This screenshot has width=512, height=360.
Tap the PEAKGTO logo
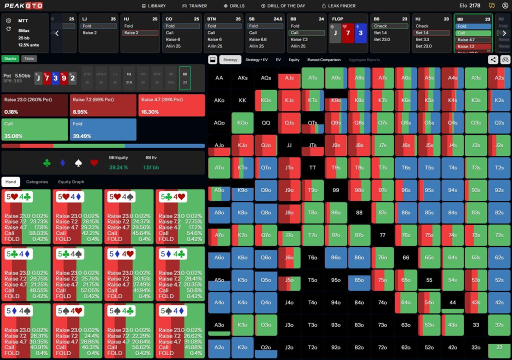(23, 5)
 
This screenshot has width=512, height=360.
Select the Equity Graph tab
(71, 182)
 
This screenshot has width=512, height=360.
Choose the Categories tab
(37, 182)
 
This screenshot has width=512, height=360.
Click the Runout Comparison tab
(324, 60)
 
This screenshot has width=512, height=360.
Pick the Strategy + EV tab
(256, 60)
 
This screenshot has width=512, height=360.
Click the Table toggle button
(29, 58)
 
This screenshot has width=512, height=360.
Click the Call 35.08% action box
(34, 129)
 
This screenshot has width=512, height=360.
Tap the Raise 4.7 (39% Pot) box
(172, 105)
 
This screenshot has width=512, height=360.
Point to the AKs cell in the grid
(242, 78)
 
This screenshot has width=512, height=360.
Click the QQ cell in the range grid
(266, 123)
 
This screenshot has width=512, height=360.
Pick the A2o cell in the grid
(219, 348)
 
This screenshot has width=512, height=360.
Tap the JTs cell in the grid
(313, 145)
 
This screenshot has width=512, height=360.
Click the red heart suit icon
(93, 163)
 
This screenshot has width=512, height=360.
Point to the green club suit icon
(47, 163)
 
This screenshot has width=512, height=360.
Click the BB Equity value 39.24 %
(118, 167)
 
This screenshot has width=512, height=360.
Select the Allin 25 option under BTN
(215, 46)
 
